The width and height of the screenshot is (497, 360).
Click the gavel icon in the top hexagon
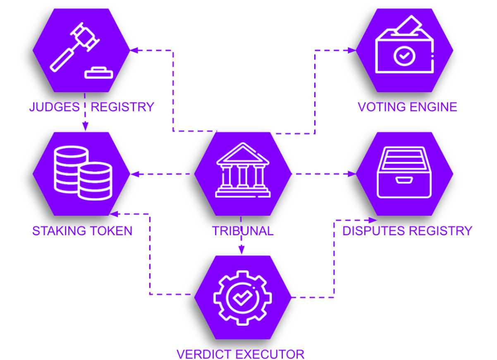click(74, 48)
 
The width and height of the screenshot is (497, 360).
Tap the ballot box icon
click(404, 46)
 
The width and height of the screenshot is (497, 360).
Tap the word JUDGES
click(54, 107)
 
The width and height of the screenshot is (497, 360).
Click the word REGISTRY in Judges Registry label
click(122, 107)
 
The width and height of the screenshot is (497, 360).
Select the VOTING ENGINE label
click(407, 107)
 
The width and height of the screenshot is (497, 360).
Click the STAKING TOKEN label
click(82, 231)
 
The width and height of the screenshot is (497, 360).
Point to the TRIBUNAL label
click(243, 231)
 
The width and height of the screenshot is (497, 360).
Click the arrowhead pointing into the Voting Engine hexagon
click(352, 50)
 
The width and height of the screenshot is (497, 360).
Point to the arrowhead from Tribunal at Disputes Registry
click(352, 174)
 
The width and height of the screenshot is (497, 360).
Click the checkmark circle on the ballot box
click(404, 55)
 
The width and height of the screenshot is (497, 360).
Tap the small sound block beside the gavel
click(99, 73)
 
